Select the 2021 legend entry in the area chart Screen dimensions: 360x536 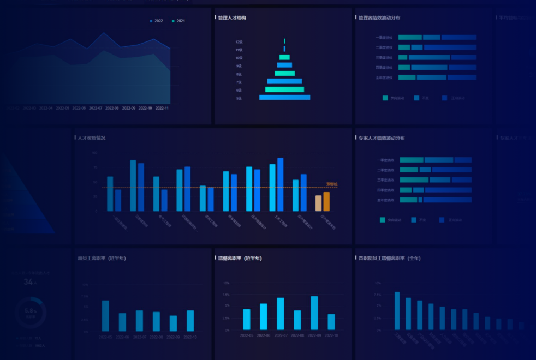click(x=178, y=21)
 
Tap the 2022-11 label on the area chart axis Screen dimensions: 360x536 click(x=162, y=108)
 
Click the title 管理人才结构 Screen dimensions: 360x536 click(x=232, y=18)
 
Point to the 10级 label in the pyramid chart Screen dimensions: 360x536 click(x=239, y=58)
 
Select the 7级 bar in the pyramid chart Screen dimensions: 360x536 click(x=284, y=81)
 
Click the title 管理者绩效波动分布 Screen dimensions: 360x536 click(x=379, y=18)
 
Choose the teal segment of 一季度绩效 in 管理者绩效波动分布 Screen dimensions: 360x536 click(x=410, y=38)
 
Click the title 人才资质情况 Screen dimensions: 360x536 click(x=92, y=138)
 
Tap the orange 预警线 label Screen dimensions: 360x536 click(x=332, y=184)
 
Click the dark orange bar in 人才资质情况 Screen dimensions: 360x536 click(x=326, y=201)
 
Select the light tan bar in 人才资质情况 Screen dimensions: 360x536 click(x=318, y=203)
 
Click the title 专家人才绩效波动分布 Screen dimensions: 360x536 click(x=382, y=138)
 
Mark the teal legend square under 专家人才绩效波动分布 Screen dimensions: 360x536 click(x=383, y=220)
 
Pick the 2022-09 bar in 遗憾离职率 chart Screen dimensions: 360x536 click(x=314, y=313)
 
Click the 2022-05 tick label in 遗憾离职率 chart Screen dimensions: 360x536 click(x=247, y=335)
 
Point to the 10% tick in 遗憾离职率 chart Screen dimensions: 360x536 click(x=226, y=283)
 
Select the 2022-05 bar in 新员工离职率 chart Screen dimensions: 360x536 click(x=105, y=316)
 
